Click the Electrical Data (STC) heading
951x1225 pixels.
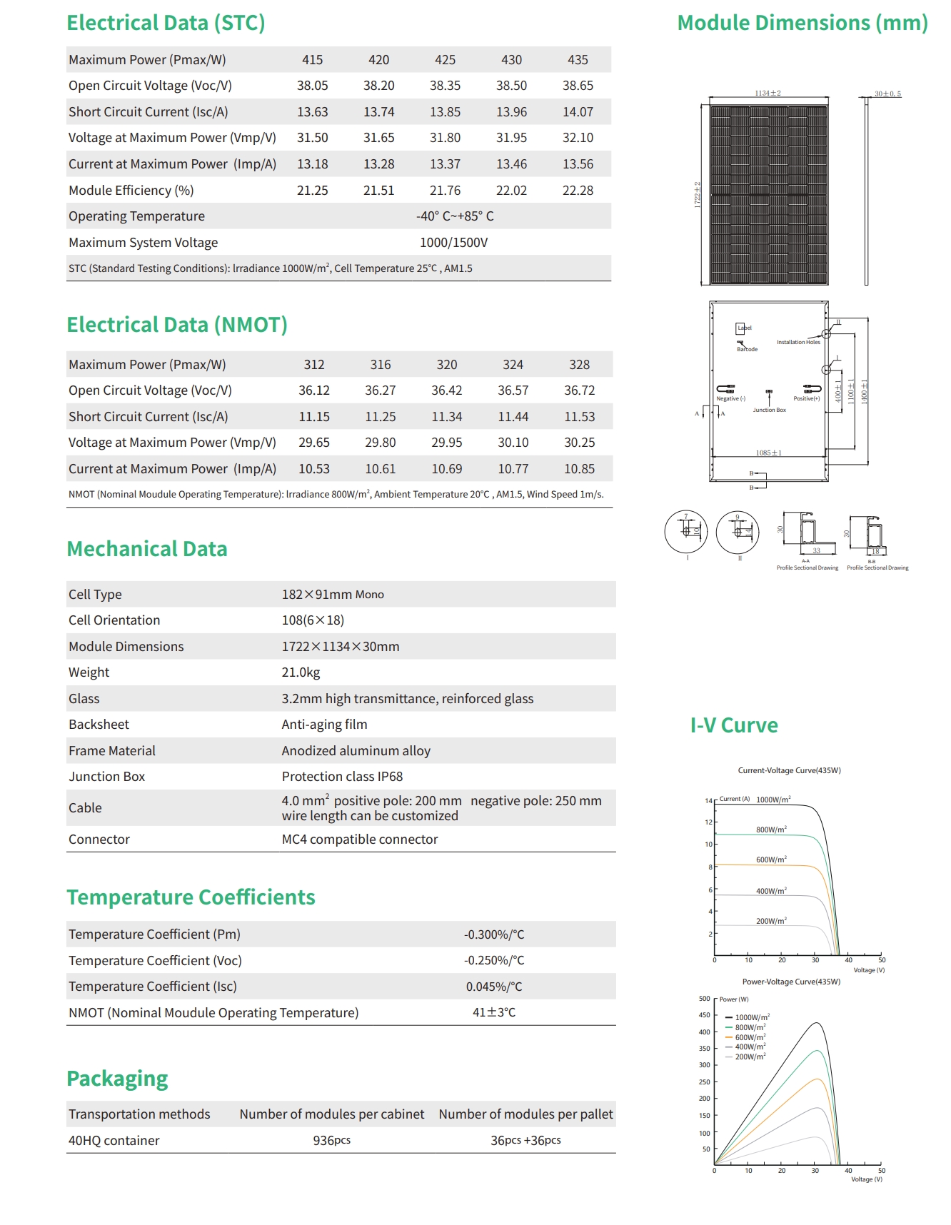166,23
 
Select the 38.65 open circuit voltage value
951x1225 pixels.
578,86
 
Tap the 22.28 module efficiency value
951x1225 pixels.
578,191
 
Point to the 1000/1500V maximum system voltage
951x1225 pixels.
453,243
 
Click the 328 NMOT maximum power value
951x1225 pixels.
579,365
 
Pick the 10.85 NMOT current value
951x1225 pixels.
579,469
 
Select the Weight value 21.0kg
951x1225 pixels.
301,672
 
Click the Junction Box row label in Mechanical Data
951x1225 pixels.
106,777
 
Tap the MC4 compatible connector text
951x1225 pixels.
359,840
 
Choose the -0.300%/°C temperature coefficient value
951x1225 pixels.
494,934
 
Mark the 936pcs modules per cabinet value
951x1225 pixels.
331,1141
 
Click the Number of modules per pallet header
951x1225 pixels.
525,1114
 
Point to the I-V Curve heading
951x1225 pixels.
733,725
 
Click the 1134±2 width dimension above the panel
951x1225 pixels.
768,94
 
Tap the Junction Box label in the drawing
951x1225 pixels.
769,410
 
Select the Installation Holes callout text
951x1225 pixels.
798,343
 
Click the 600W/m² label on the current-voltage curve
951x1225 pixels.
771,860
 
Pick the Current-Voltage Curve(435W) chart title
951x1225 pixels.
789,771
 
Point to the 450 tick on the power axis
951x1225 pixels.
704,1015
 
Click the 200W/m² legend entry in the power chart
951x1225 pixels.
750,1057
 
